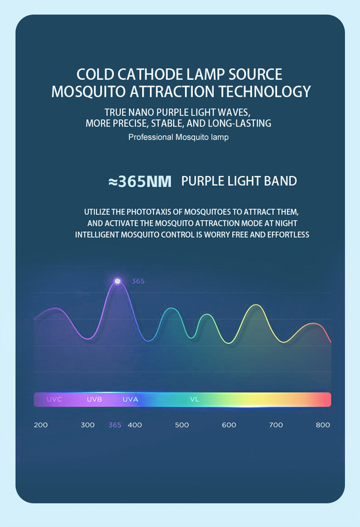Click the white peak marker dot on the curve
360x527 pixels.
click(117, 281)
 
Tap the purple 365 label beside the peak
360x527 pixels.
click(138, 281)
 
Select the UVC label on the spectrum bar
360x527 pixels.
click(55, 399)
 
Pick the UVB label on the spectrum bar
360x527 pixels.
click(94, 399)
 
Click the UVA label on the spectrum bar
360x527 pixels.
click(130, 399)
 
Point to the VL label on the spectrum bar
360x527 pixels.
click(194, 399)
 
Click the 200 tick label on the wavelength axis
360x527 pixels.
click(41, 425)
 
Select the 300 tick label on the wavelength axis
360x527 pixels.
click(88, 425)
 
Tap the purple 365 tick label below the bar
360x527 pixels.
click(115, 425)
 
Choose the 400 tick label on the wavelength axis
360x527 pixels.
click(135, 425)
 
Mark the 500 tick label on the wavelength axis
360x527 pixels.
click(182, 425)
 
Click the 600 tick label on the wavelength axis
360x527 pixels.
click(228, 425)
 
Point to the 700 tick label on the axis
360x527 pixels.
click(276, 425)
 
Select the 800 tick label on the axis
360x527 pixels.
click(322, 425)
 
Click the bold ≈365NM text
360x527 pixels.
click(140, 182)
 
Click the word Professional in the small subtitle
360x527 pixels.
click(151, 137)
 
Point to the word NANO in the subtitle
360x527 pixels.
click(145, 112)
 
